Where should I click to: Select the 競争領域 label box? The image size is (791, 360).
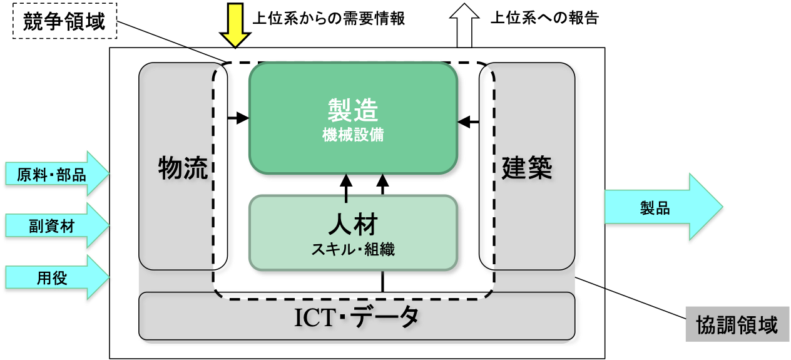click(x=65, y=24)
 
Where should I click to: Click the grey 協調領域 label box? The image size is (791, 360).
click(x=736, y=324)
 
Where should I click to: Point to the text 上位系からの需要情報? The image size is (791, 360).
click(x=329, y=19)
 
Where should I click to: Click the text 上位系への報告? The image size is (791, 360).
click(x=544, y=18)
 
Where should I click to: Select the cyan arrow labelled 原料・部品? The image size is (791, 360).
click(x=56, y=173)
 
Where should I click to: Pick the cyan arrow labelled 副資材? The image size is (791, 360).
click(x=56, y=225)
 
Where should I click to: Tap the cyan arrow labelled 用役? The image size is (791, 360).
click(x=56, y=277)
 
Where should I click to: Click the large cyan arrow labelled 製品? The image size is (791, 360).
click(x=662, y=207)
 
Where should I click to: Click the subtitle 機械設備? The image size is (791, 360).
click(x=353, y=134)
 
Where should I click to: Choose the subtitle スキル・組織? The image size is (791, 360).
click(x=353, y=249)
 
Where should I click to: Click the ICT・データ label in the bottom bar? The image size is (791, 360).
click(x=357, y=319)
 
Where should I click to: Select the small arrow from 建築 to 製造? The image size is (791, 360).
click(x=468, y=121)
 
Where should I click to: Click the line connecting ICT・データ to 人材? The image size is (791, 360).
click(x=383, y=282)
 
